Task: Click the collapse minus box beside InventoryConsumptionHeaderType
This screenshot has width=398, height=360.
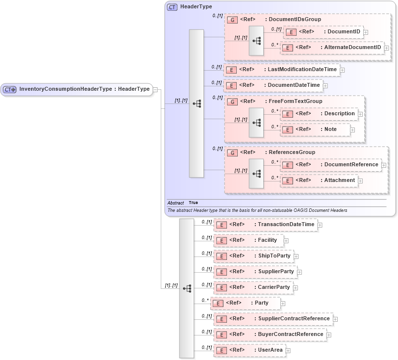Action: pyautogui.click(x=155, y=89)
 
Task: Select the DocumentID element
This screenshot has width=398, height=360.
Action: pyautogui.click(x=344, y=32)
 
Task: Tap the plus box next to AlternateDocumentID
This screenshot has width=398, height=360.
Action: pyautogui.click(x=386, y=48)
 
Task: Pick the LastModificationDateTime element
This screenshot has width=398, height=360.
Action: pyautogui.click(x=302, y=70)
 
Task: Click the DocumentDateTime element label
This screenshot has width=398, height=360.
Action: pyautogui.click(x=294, y=85)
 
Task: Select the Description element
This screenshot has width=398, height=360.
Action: pyautogui.click(x=339, y=114)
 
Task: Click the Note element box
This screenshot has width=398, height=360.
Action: pyautogui.click(x=330, y=129)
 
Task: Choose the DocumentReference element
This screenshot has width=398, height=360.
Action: pyautogui.click(x=351, y=165)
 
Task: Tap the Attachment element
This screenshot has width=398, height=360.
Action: pyautogui.click(x=339, y=180)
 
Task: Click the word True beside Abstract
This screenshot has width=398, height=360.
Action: pyautogui.click(x=193, y=203)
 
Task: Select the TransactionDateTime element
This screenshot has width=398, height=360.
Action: pyautogui.click(x=286, y=225)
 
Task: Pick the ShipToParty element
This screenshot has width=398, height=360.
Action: pyautogui.click(x=274, y=256)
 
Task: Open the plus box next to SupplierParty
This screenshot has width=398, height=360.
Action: pyautogui.click(x=299, y=272)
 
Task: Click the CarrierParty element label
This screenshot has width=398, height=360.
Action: pyautogui.click(x=274, y=287)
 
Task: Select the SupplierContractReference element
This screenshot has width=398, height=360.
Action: pyautogui.click(x=294, y=319)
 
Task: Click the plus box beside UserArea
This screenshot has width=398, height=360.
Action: pyautogui.click(x=288, y=351)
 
